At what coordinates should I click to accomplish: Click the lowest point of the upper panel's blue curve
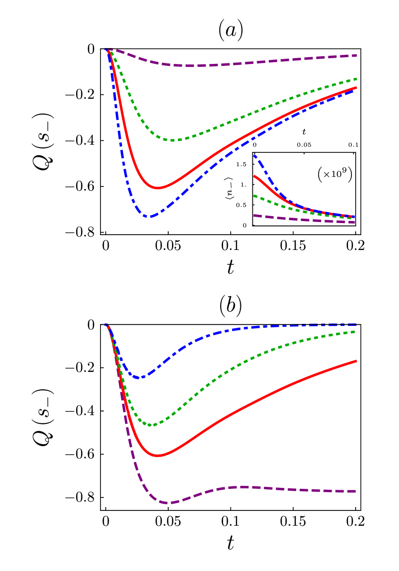point(150,216)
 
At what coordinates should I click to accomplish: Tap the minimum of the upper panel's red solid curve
point(158,187)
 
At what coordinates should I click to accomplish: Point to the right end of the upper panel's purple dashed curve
point(356,55)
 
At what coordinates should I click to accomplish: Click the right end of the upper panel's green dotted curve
point(356,78)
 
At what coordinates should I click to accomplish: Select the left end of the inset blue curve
point(254,155)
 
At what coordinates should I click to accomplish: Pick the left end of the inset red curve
point(254,176)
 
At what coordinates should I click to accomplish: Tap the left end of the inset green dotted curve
point(254,196)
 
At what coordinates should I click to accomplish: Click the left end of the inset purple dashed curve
point(254,215)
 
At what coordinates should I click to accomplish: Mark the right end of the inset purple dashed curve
point(354,222)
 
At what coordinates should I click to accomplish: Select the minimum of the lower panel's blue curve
point(140,378)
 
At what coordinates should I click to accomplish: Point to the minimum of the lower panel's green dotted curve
point(151,425)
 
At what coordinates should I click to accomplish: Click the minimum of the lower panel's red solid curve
point(158,455)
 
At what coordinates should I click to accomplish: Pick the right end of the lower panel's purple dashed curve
point(356,491)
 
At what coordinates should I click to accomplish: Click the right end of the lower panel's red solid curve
point(356,360)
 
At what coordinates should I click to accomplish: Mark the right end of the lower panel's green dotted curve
point(356,331)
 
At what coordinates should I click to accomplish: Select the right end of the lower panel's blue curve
point(356,325)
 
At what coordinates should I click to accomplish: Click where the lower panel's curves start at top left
point(107,325)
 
